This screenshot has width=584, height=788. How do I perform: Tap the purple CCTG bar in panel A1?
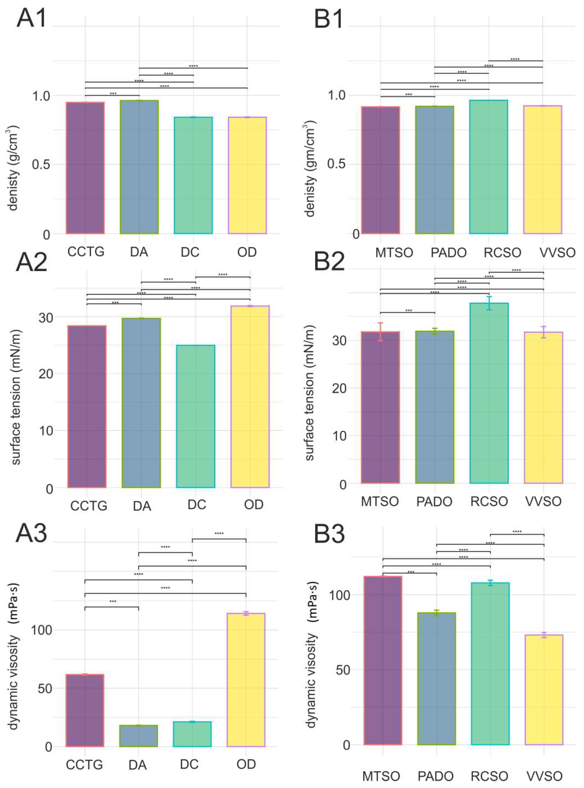click(x=85, y=168)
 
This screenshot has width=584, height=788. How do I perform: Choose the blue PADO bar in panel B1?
click(x=435, y=170)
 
